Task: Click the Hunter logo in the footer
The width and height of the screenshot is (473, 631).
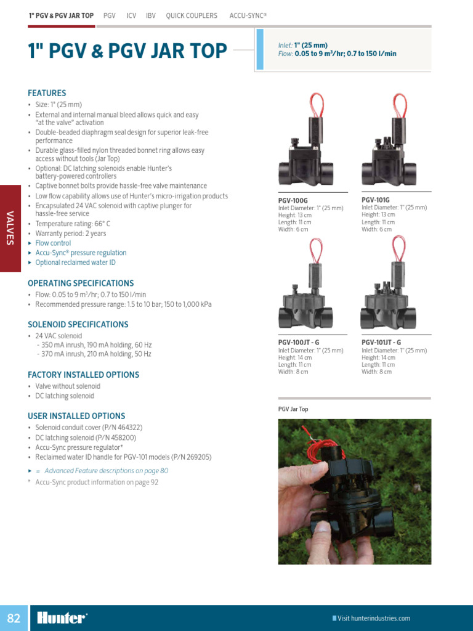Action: click(x=62, y=618)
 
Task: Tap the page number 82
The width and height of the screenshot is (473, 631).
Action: click(x=14, y=618)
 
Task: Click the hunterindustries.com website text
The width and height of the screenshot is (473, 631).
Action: click(x=373, y=618)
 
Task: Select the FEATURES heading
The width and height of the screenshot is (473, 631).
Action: click(x=47, y=93)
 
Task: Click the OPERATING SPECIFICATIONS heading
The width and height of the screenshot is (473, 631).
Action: click(x=81, y=283)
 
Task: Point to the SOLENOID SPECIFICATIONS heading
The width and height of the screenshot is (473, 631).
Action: click(x=78, y=324)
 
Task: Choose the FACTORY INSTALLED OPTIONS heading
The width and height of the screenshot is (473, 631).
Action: click(x=83, y=375)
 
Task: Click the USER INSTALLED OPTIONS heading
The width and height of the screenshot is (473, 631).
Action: click(x=76, y=416)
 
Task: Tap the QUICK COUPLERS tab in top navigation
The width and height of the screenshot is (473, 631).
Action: click(x=192, y=15)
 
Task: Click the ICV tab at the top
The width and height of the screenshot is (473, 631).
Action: click(x=131, y=15)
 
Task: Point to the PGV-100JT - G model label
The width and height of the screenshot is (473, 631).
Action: click(x=299, y=342)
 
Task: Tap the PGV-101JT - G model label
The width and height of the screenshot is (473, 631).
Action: click(x=381, y=342)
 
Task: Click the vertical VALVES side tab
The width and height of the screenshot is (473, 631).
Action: click(x=10, y=228)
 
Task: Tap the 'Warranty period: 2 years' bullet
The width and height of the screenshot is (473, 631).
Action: click(x=70, y=234)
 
